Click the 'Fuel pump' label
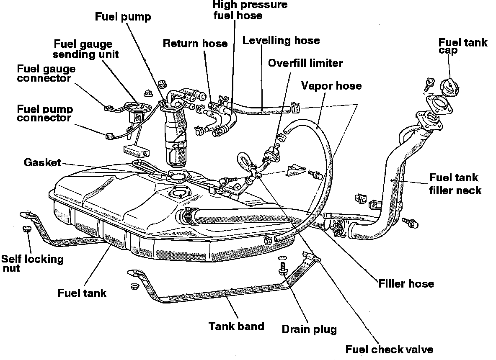point(123,17)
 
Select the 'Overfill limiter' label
point(305,63)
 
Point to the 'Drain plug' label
point(309,329)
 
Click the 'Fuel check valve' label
point(389,349)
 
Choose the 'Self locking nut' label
point(33,263)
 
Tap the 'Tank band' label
point(237,326)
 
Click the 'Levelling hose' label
point(281,41)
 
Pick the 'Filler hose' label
point(406,283)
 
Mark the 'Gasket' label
point(42,162)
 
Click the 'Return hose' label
point(195,43)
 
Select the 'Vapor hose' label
point(331,85)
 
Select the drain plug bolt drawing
point(282,268)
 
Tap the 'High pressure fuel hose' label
point(250,10)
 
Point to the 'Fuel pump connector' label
point(45,113)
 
